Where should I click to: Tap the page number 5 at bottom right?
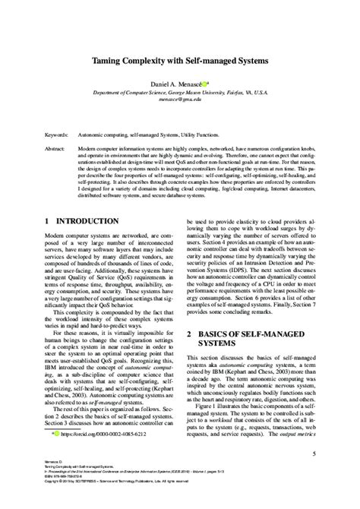click(x=314, y=454)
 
